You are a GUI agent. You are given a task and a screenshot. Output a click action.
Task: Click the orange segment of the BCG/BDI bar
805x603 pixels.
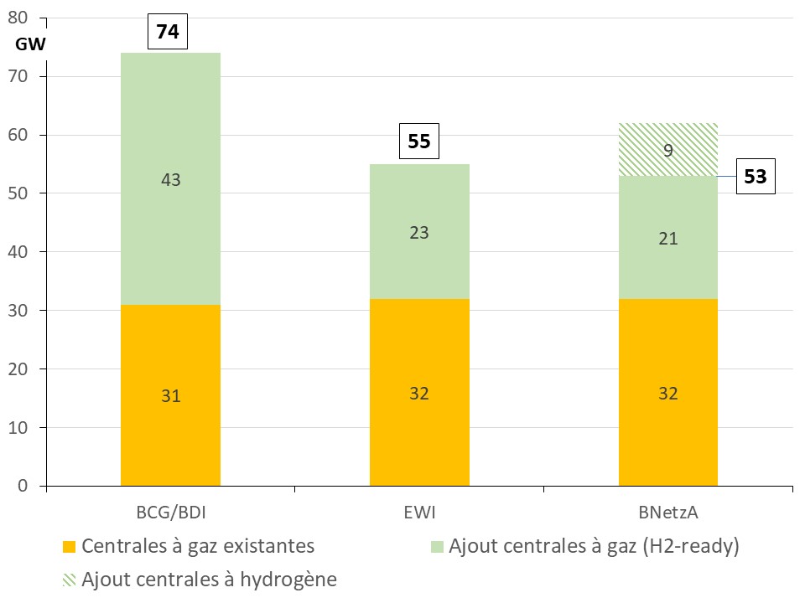click(170, 395)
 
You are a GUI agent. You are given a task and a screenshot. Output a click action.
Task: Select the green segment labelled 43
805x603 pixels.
click(170, 179)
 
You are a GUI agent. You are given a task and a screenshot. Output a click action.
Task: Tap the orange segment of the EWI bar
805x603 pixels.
click(419, 393)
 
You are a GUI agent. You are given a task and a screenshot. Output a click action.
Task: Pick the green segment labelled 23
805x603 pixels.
click(419, 232)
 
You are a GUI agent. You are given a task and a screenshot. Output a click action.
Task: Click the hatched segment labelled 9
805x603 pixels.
click(668, 150)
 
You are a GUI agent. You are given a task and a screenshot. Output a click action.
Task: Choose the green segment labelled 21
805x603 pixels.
click(668, 238)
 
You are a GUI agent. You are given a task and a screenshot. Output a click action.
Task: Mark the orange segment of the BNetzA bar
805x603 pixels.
click(668, 393)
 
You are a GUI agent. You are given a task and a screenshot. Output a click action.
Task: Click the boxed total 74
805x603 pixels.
click(168, 32)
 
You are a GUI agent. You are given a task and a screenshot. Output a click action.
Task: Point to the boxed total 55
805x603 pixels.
click(419, 141)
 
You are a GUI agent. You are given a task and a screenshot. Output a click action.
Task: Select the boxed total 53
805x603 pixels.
click(756, 178)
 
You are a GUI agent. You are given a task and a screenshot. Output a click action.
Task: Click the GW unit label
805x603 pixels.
click(30, 45)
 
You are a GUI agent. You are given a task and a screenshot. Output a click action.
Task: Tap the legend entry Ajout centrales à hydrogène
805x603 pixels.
click(209, 580)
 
